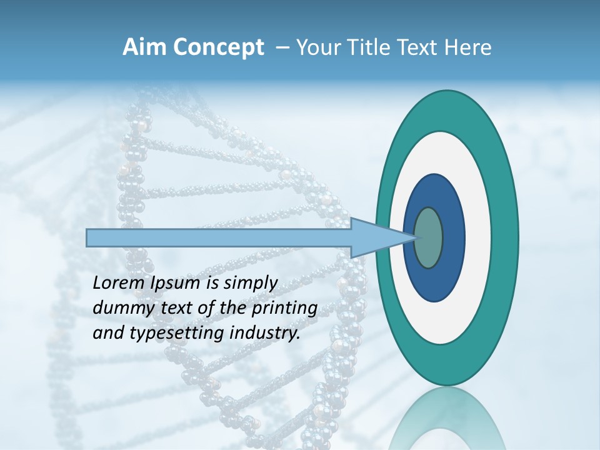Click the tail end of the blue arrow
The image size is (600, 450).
pyautogui.click(x=89, y=237)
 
